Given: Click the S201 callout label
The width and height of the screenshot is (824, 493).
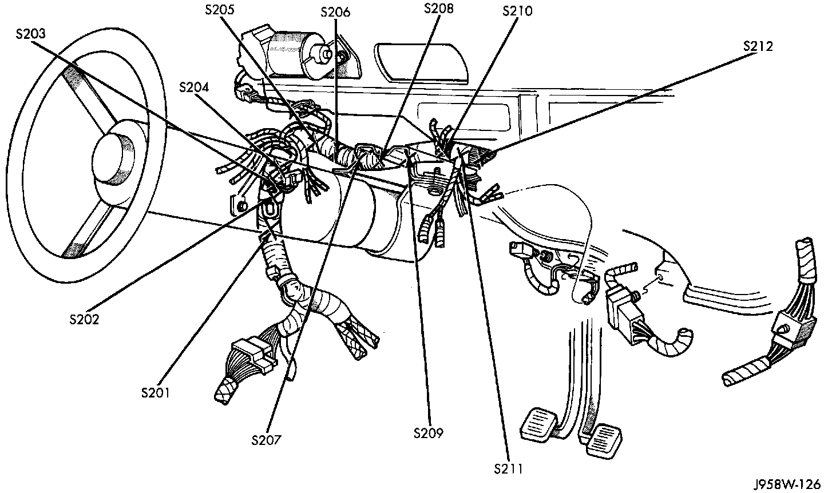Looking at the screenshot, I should pyautogui.click(x=155, y=393).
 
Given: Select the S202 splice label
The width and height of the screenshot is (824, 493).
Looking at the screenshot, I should pyautogui.click(x=85, y=319).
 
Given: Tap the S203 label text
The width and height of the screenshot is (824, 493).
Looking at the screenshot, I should pyautogui.click(x=31, y=34).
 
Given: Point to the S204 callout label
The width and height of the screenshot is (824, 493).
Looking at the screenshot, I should pyautogui.click(x=194, y=87).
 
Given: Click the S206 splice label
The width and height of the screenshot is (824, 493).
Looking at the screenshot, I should pyautogui.click(x=336, y=12).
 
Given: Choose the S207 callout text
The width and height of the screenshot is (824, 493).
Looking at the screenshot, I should pyautogui.click(x=266, y=440).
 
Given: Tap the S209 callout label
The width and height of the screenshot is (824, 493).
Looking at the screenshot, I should pyautogui.click(x=429, y=433).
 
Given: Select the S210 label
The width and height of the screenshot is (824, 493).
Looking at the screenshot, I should pyautogui.click(x=517, y=10).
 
